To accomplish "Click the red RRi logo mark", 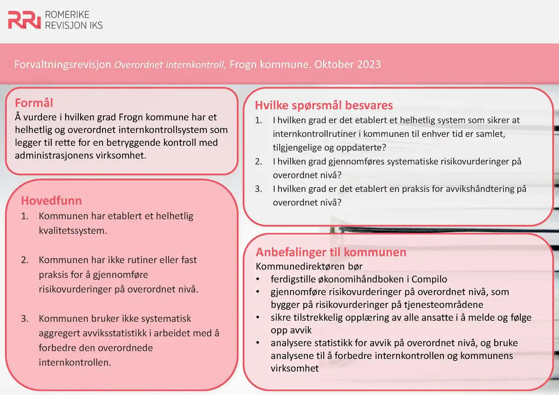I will [24, 20].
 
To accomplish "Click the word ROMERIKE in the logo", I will [67, 15].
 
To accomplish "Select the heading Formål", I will [34, 102].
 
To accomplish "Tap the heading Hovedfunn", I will [51, 201].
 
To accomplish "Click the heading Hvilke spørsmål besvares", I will [324, 105].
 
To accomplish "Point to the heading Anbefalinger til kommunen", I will [331, 252].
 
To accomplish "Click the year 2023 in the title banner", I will [368, 64].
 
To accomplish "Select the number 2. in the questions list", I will [259, 162].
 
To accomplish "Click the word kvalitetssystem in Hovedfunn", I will [73, 230].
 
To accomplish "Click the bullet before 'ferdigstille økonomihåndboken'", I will [258, 279].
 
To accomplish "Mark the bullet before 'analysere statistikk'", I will [258, 343].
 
